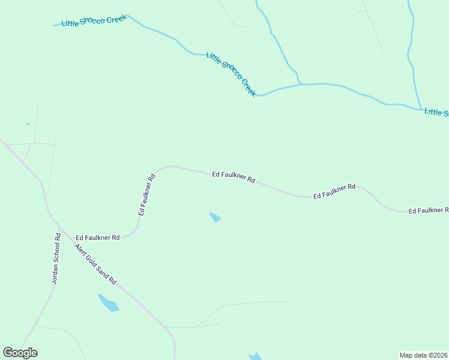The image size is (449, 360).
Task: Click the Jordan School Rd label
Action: (56, 258)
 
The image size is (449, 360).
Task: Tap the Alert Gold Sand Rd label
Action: (95, 264)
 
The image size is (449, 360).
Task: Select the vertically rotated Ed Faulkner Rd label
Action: (147, 194)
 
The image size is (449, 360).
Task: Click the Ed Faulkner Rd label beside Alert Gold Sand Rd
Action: (98, 238)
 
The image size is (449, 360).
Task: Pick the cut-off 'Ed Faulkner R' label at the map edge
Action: (428, 211)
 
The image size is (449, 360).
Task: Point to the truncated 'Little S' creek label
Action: (436, 112)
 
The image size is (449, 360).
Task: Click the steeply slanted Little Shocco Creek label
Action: (231, 74)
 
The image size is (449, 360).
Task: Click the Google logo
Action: (20, 353)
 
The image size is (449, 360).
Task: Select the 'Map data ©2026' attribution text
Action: (424, 355)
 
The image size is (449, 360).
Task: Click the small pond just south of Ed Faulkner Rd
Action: (215, 217)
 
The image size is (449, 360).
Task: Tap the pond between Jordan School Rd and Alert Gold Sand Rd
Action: (109, 303)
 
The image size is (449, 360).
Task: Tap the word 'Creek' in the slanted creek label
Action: (248, 88)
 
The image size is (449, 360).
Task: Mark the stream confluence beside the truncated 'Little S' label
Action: (420, 109)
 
